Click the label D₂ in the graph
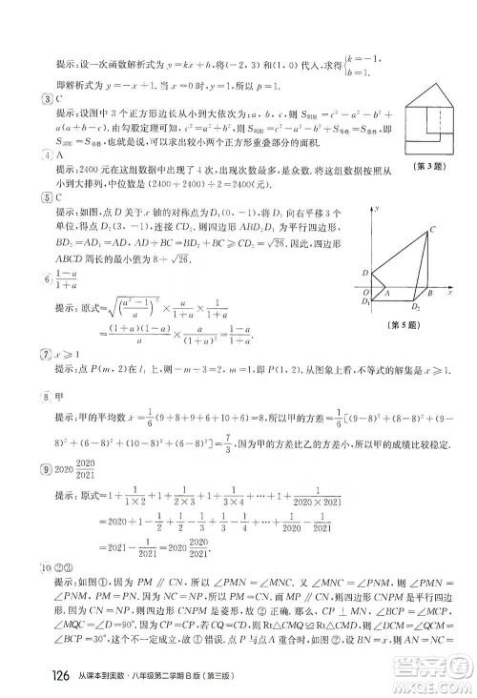click(x=416, y=308)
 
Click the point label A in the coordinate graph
click(x=385, y=294)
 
